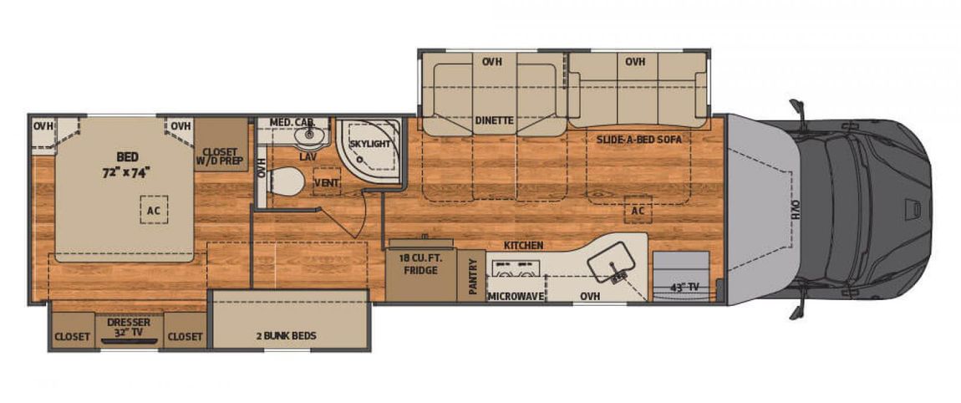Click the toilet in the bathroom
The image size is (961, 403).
pyautogui.click(x=287, y=181)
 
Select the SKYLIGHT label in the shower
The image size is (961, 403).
pyautogui.click(x=369, y=144)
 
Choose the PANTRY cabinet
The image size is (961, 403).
pyautogui.click(x=472, y=275)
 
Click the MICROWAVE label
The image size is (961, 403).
pyautogui.click(x=516, y=297)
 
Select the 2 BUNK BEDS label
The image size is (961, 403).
pyautogui.click(x=287, y=335)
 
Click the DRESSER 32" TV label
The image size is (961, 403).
pyautogui.click(x=129, y=327)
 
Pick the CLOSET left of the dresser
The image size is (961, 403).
pyautogui.click(x=73, y=337)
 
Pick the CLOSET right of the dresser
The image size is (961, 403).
pyautogui.click(x=185, y=337)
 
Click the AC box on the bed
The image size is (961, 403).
pyautogui.click(x=153, y=209)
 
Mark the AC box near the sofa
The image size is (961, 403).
pyautogui.click(x=638, y=211)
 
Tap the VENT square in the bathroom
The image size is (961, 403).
pyautogui.click(x=327, y=182)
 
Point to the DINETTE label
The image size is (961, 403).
pyautogui.click(x=494, y=121)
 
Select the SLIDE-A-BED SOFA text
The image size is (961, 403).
pyautogui.click(x=639, y=140)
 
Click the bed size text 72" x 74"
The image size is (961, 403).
pyautogui.click(x=126, y=171)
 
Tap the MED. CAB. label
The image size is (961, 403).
pyautogui.click(x=292, y=123)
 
